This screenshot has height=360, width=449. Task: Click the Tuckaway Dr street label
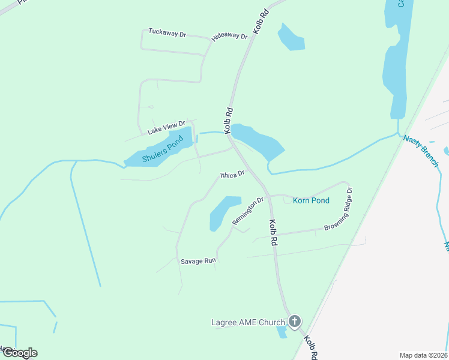coord(167,33)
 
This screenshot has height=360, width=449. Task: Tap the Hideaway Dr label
coord(229,37)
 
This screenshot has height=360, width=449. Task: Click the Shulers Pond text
coord(163,151)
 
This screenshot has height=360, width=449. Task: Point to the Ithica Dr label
coord(232,174)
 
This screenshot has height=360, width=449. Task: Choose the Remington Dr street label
coord(249,211)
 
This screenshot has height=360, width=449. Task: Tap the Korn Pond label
coord(311,200)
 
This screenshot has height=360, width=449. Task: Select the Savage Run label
coord(197,261)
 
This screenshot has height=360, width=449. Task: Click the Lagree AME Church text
coord(248,323)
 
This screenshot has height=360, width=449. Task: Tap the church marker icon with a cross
coord(294,322)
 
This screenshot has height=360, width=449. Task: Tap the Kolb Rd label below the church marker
coord(310,347)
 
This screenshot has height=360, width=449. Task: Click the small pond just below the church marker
coord(282,332)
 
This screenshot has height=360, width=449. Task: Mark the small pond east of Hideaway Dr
coord(291,38)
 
